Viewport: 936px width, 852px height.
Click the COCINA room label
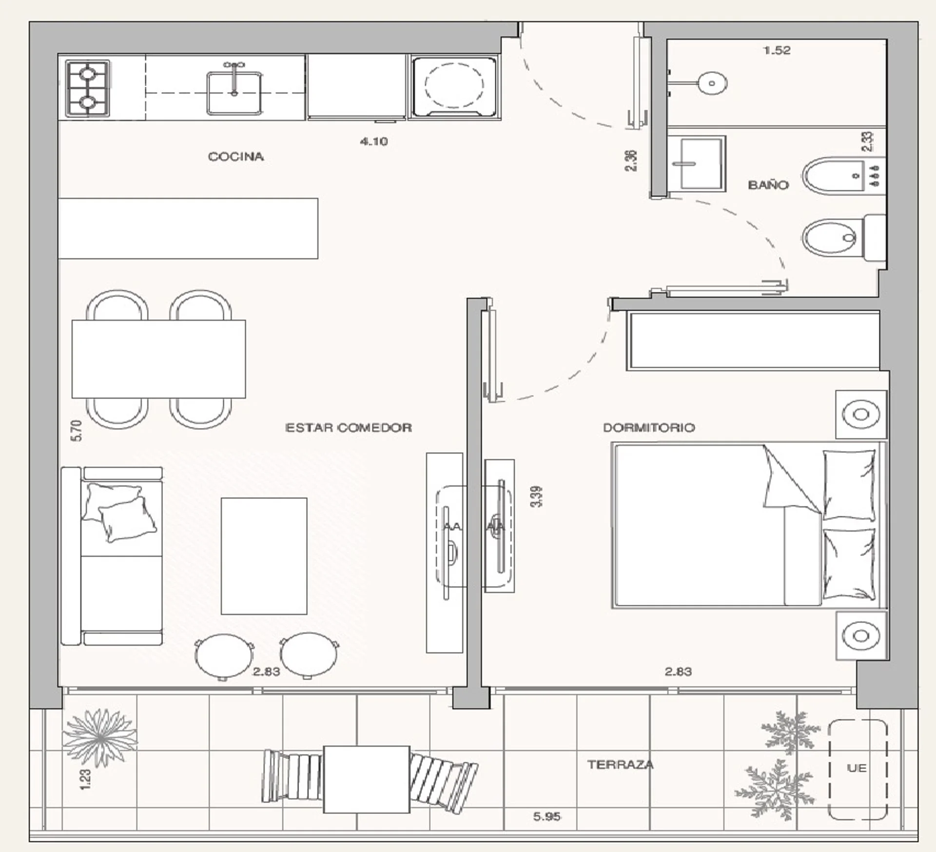point(236,157)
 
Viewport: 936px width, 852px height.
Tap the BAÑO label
point(768,184)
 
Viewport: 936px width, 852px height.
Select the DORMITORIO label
point(649,428)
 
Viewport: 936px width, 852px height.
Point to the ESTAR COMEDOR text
point(348,428)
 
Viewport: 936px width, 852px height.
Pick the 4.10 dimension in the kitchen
point(374,141)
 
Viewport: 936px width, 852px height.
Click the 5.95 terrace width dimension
point(546,816)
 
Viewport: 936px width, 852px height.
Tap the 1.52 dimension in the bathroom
point(777,50)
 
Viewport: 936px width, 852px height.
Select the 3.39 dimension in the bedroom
point(536,496)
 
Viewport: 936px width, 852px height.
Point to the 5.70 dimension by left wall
point(77,431)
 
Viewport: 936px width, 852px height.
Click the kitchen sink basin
point(234,93)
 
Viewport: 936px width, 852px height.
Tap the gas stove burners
point(88,88)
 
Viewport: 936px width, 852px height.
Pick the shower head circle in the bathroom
point(712,83)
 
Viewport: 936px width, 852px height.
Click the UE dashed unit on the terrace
point(858,769)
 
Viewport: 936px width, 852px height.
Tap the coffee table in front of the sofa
point(264,556)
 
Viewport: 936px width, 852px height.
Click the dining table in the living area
point(158,359)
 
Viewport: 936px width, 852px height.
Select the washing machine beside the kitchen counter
point(454,87)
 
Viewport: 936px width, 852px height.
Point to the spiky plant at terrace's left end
point(100,738)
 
